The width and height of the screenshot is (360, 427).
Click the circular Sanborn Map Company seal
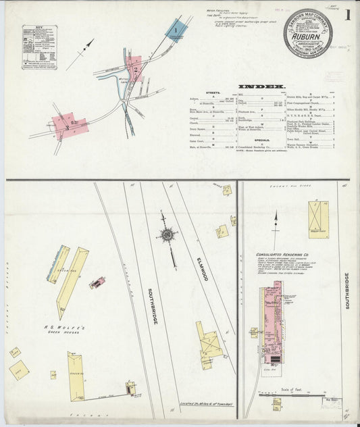pos(309,33)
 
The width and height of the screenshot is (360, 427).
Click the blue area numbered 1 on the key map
pos(176,30)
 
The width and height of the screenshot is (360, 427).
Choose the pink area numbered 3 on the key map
pos(67,126)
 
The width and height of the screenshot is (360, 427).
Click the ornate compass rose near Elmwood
pos(166,234)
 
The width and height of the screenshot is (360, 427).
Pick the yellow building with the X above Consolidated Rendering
pos(318,219)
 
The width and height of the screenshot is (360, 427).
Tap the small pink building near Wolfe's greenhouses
pos(97,282)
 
